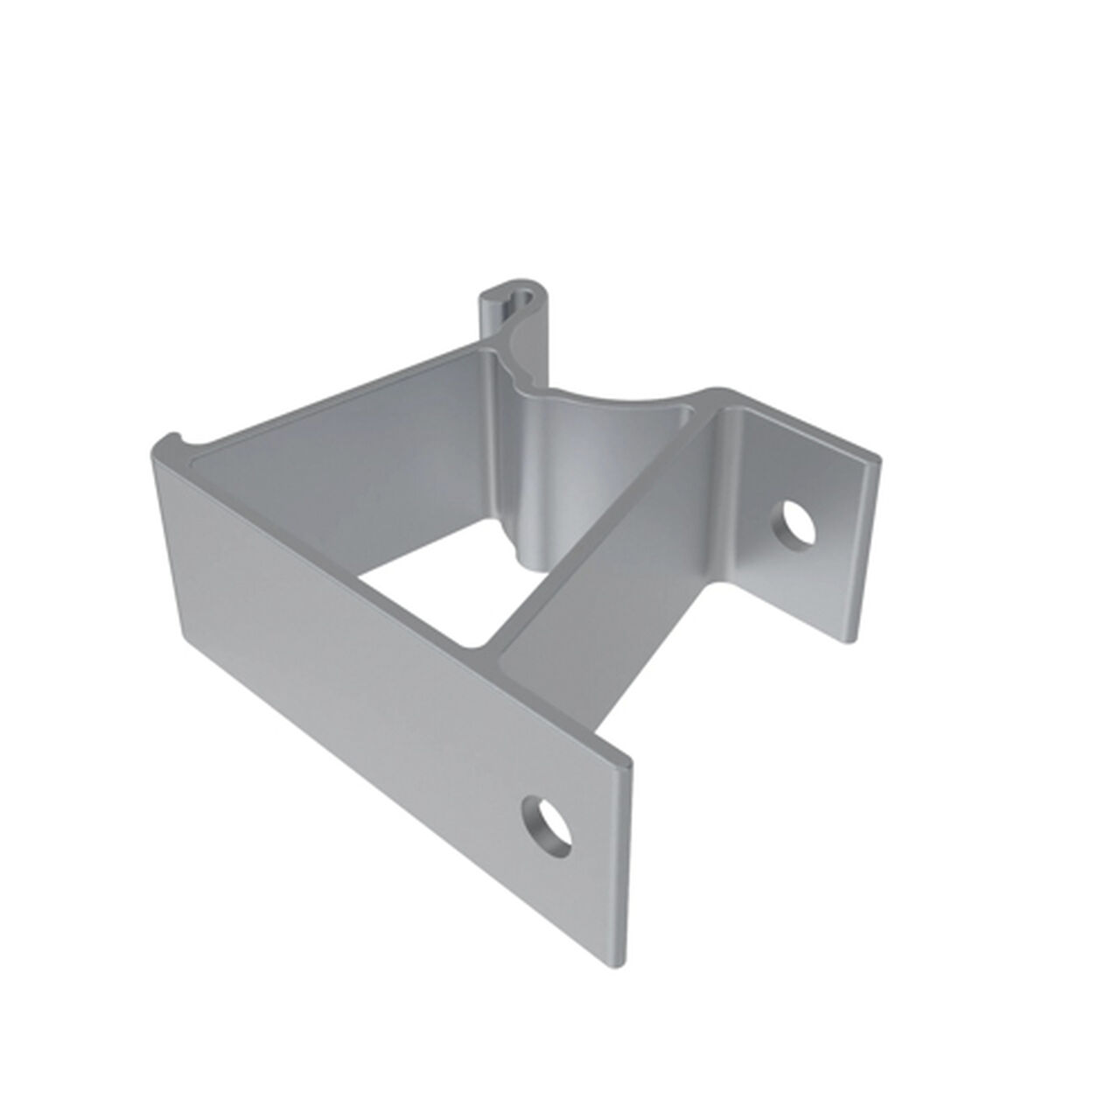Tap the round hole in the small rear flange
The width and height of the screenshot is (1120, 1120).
(795, 525)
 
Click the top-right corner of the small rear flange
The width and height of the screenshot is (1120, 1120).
(875, 458)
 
